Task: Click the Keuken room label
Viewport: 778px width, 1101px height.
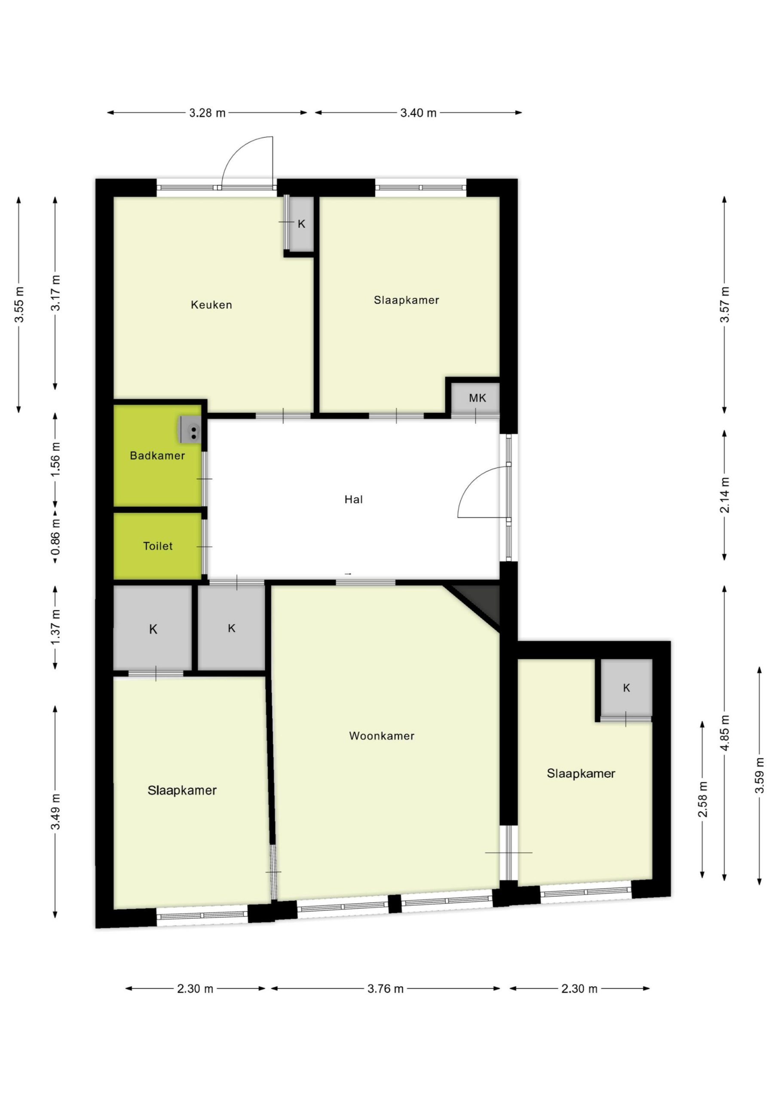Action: coord(211,305)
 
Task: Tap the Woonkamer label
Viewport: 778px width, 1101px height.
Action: coord(382,736)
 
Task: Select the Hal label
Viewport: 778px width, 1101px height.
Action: coord(353,500)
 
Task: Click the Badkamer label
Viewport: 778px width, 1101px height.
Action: coord(157,455)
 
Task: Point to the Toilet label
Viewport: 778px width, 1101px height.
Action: coord(158,546)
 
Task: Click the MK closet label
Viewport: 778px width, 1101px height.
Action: coord(478,398)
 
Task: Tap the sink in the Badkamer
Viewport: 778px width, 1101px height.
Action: coord(191,430)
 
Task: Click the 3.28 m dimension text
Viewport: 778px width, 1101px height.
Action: coord(207,113)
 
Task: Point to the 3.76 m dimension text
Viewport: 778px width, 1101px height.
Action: coord(386,989)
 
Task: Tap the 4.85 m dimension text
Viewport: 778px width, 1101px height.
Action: coord(724,733)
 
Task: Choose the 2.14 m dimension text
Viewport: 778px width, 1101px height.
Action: coord(724,495)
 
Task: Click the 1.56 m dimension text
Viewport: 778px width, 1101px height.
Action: coord(55,459)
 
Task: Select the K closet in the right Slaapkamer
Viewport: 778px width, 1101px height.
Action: coord(626,689)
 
